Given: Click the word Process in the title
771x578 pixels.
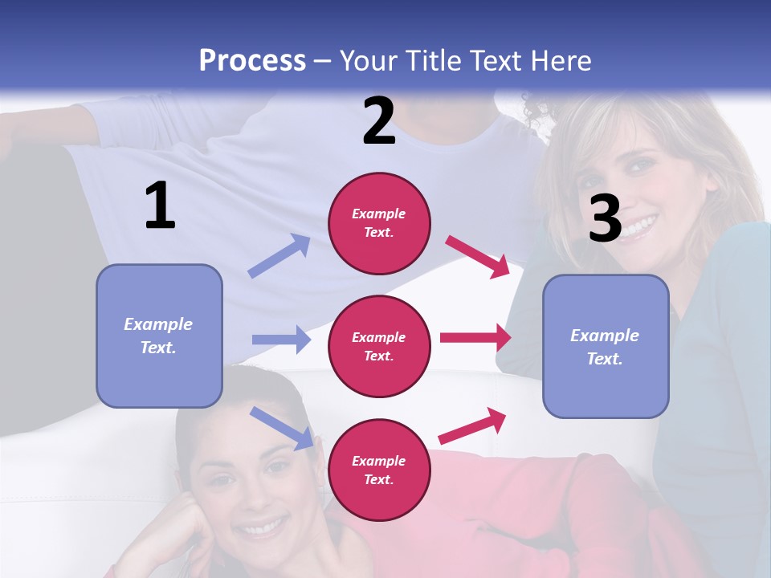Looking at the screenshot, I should pos(252,60).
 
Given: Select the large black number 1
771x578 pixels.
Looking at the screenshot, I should pos(160,206).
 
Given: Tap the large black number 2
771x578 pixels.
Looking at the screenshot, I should pos(379,121).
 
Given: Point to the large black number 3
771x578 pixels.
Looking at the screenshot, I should pos(605,218).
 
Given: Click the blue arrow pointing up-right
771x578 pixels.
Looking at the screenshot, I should pos(279,256).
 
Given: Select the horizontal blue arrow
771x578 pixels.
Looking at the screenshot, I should pos(281,340).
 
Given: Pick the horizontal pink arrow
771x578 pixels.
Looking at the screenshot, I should pos(475,337).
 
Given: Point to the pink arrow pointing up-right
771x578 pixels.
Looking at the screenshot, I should pos(473,425).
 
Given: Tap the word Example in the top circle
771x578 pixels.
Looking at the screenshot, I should pos(378,214).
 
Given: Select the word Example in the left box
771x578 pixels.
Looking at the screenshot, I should pos(158,324).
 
